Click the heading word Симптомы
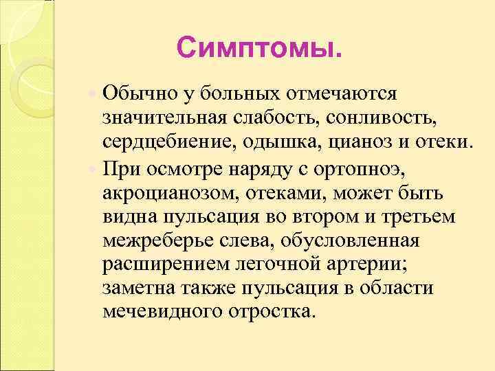pyautogui.click(x=258, y=48)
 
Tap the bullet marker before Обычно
pyautogui.click(x=93, y=91)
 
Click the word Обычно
pyautogui.click(x=136, y=92)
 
